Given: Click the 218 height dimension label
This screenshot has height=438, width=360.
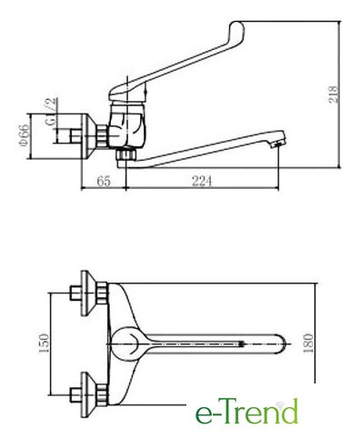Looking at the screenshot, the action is tap(333, 95).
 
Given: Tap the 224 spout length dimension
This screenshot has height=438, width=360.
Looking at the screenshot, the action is tap(202, 181).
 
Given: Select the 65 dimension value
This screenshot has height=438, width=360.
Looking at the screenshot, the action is tap(104, 181).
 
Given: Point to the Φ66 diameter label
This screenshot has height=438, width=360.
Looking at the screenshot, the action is tap(25, 135).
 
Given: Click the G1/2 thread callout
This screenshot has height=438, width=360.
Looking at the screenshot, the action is tap(51, 112).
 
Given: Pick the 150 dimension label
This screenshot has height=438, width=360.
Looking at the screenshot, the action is tap(45, 343).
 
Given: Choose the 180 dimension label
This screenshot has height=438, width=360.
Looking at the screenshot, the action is tap(308, 343).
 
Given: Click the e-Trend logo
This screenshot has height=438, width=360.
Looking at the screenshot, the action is tap(246, 411).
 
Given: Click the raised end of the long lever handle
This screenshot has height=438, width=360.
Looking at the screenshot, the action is tap(236, 30).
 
